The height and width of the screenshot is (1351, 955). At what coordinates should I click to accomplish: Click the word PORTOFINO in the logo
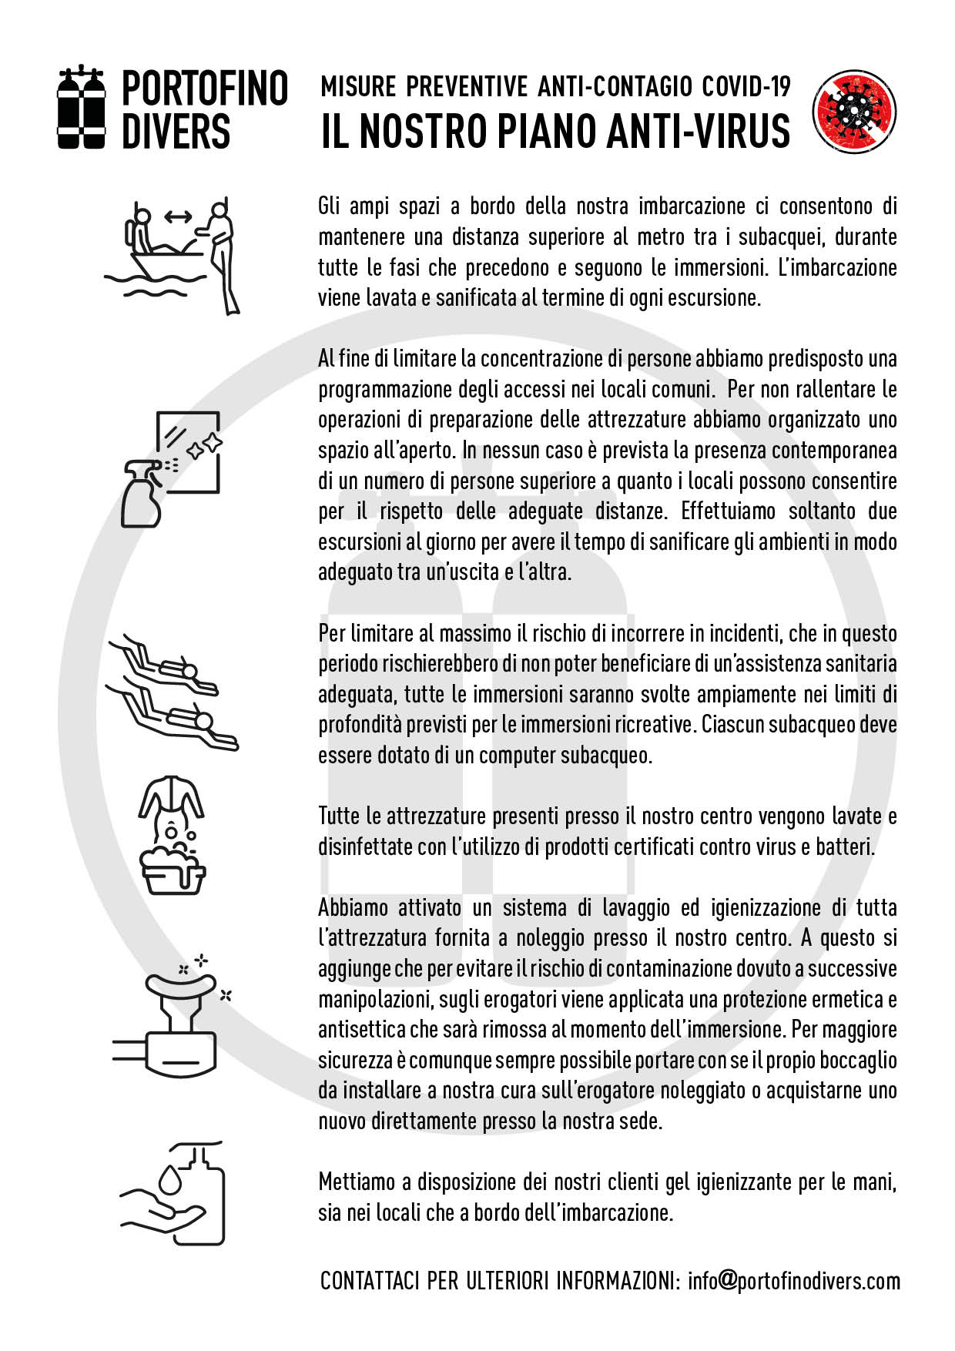[x=205, y=89]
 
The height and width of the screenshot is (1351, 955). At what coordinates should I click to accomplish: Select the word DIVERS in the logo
[x=176, y=131]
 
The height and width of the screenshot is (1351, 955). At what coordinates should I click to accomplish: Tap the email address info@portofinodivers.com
[x=794, y=1280]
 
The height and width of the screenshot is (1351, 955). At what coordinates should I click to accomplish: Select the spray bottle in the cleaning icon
[x=142, y=493]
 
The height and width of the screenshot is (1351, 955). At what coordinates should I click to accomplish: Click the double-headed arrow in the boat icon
[x=178, y=217]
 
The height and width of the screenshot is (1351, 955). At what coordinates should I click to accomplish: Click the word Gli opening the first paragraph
[x=330, y=206]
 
